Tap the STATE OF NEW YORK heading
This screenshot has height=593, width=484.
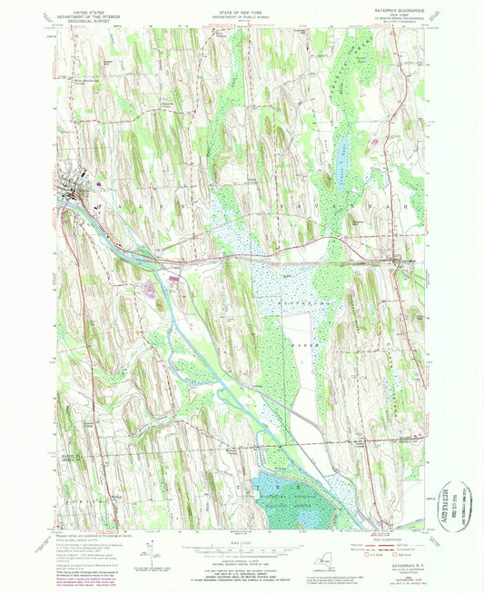click(x=241, y=11)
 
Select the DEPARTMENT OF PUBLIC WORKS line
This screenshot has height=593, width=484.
click(x=241, y=17)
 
